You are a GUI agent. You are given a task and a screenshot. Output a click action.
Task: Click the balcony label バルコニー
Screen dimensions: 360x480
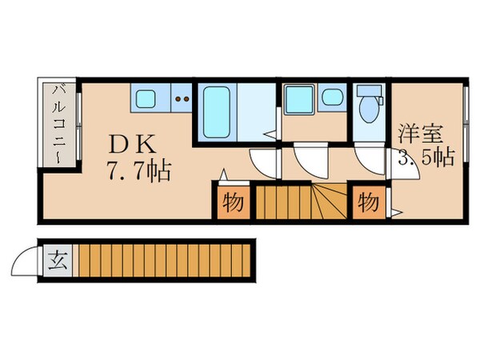point(58,124)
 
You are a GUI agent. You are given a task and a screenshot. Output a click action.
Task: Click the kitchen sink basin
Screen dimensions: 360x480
point(147,100)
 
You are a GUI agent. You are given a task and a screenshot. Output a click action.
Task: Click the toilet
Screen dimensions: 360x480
point(370,110)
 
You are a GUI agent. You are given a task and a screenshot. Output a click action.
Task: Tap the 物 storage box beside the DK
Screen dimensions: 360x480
point(233,202)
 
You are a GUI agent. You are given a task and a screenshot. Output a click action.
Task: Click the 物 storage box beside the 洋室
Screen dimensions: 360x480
point(369,202)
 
